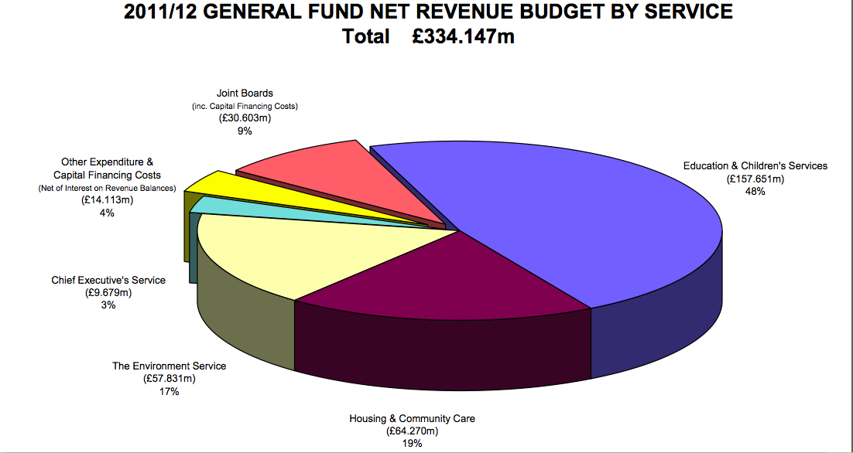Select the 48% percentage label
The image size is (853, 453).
pyautogui.click(x=755, y=192)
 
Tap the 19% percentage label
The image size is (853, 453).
pyautogui.click(x=412, y=443)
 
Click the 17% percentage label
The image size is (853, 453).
pyautogui.click(x=169, y=392)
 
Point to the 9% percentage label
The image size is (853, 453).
pyautogui.click(x=245, y=131)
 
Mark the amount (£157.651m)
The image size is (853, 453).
pyautogui.click(x=755, y=179)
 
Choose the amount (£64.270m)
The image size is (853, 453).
pyautogui.click(x=412, y=431)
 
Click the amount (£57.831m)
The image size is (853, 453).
pyautogui.click(x=169, y=379)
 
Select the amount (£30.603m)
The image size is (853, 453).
pyautogui.click(x=245, y=119)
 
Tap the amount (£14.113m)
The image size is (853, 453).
pyautogui.click(x=107, y=200)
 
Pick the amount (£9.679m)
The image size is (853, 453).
pyautogui.click(x=108, y=292)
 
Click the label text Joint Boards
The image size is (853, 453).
pyautogui.click(x=245, y=94)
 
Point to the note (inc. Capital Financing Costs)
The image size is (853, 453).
pyautogui.click(x=245, y=106)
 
